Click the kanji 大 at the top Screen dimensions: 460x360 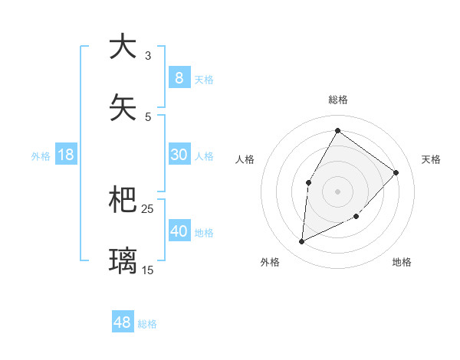click(x=123, y=47)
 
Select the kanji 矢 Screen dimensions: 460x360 click(x=123, y=108)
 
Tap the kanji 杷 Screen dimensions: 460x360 click(x=123, y=200)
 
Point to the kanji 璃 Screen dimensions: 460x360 click(x=123, y=261)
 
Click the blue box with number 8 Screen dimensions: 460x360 click(x=179, y=77)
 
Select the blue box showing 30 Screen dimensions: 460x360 click(x=179, y=155)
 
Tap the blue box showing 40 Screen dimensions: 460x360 click(x=179, y=231)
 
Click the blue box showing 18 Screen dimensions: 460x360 click(x=66, y=155)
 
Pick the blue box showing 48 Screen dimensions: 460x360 click(x=123, y=322)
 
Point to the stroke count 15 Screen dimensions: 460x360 click(x=148, y=270)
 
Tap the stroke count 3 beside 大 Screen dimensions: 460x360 click(x=148, y=56)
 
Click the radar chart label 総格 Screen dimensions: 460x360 click(x=337, y=100)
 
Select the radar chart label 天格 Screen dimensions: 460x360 click(x=431, y=159)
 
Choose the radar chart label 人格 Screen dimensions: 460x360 click(x=245, y=159)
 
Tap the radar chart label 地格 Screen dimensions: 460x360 click(x=402, y=263)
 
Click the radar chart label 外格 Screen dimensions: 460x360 click(x=270, y=263)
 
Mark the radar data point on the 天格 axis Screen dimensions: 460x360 click(x=396, y=172)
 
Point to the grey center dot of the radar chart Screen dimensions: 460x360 click(x=337, y=191)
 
